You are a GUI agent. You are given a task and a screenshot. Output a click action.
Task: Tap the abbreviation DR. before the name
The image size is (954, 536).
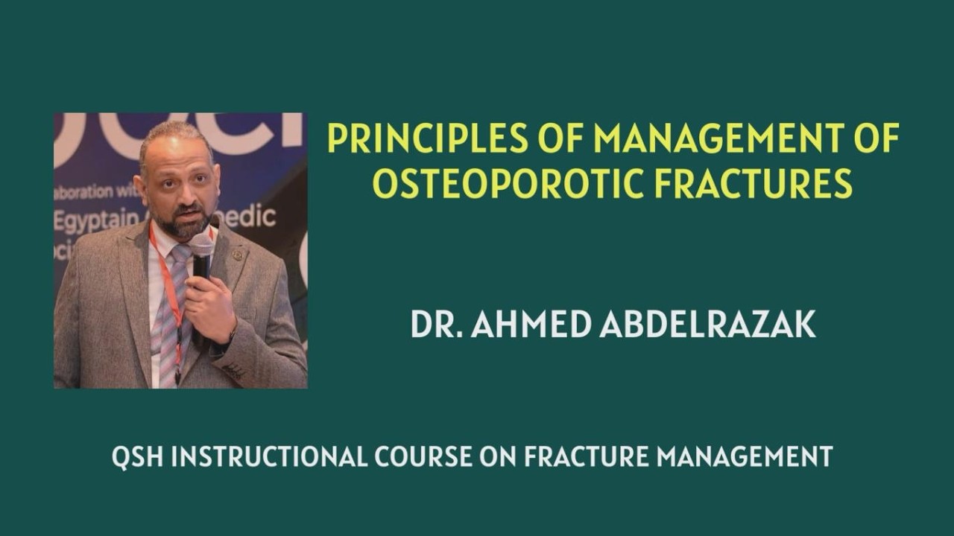point(436,324)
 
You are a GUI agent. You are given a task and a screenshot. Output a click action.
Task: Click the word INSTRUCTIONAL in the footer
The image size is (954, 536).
point(269,456)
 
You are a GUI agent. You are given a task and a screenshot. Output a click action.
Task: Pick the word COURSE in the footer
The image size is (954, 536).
point(423,456)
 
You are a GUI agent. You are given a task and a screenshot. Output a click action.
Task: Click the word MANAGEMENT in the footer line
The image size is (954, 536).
point(745,456)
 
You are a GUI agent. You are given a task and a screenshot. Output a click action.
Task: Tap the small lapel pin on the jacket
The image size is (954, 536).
point(238,255)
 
